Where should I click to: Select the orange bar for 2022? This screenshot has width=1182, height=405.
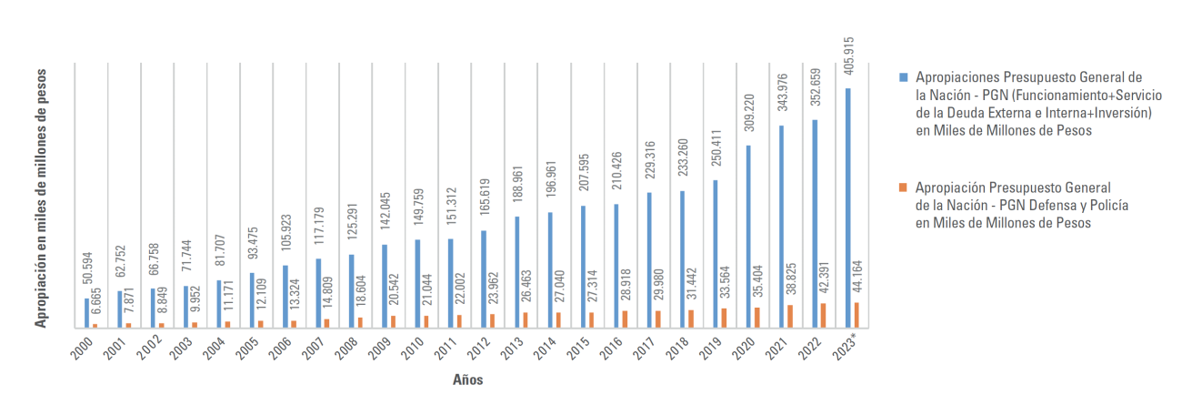tap(824, 315)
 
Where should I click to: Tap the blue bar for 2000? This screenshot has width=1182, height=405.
tap(87, 312)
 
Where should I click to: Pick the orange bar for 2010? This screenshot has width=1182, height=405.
tap(426, 320)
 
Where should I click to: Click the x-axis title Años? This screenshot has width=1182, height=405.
tap(468, 380)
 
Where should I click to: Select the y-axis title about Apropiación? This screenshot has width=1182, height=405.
tap(42, 197)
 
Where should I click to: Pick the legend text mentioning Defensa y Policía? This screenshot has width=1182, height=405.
tap(1022, 206)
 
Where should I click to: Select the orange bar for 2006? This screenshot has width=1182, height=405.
tap(295, 323)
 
